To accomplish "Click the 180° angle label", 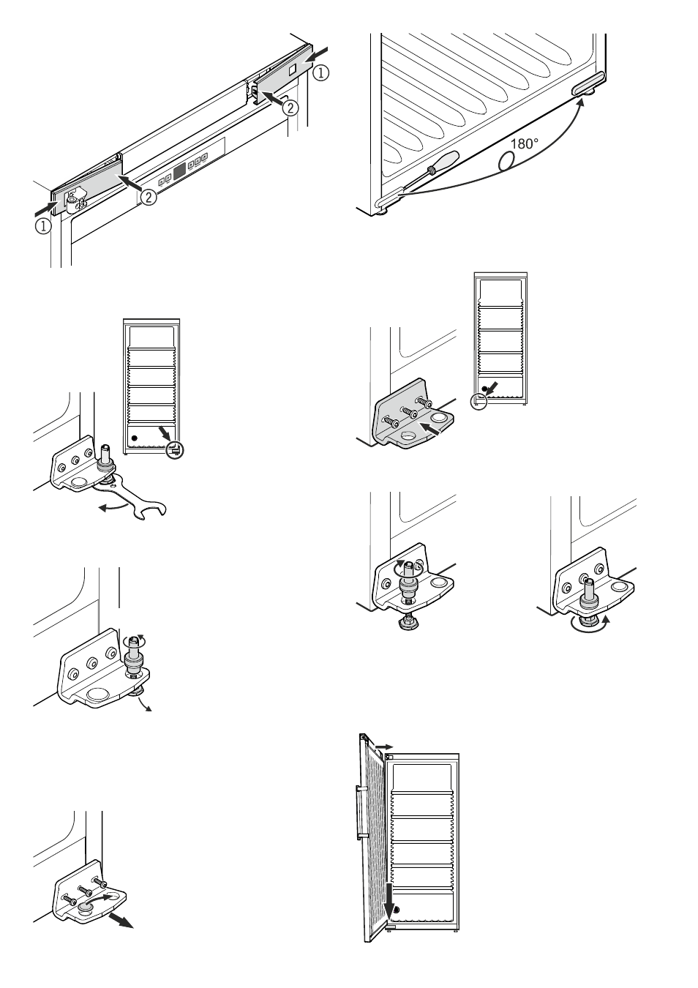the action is (x=525, y=143).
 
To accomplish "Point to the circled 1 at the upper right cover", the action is (x=320, y=72).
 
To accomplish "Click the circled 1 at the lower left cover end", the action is (x=43, y=226).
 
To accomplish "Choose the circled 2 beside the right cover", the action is (x=290, y=108).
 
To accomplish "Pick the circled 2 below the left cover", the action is (x=149, y=197).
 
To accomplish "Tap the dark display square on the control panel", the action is (x=179, y=171).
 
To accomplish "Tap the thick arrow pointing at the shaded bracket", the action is (x=430, y=428).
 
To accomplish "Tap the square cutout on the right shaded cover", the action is (x=293, y=70).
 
